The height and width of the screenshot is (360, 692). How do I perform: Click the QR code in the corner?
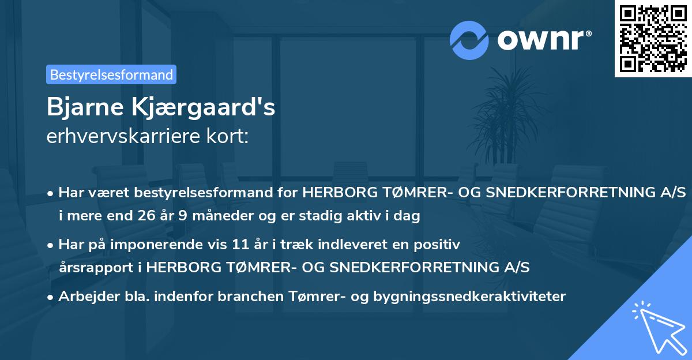(x=653, y=39)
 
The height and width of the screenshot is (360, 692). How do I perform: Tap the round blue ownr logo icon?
(x=469, y=40)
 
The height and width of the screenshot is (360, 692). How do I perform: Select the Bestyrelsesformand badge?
(x=111, y=74)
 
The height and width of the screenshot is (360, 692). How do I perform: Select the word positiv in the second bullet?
(x=439, y=244)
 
